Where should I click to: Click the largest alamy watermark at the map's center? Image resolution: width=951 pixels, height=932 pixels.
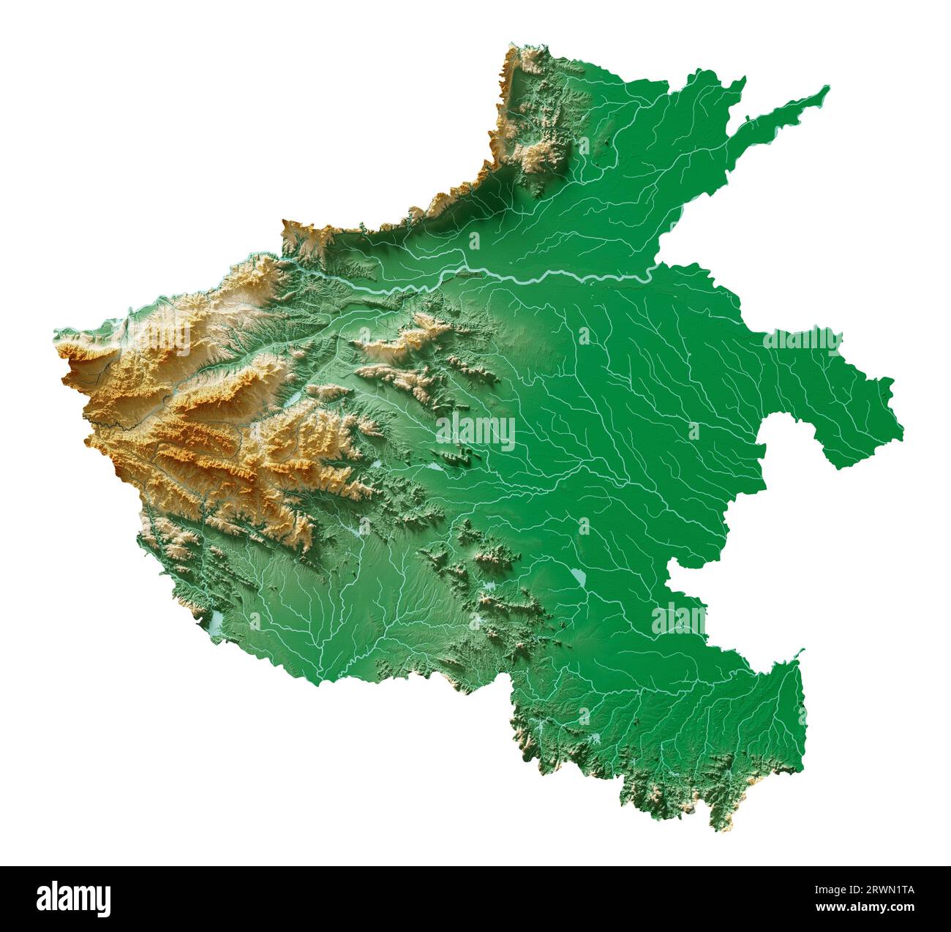(475, 432)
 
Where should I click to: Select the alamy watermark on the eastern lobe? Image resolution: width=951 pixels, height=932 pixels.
(802, 341)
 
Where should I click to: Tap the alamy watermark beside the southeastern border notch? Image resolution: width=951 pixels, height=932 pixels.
(679, 620)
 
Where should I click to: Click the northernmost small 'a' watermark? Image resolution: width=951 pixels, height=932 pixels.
(583, 146)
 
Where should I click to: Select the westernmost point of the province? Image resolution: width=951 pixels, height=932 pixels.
(55, 334)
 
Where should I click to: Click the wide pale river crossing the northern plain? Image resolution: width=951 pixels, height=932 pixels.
(556, 277)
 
